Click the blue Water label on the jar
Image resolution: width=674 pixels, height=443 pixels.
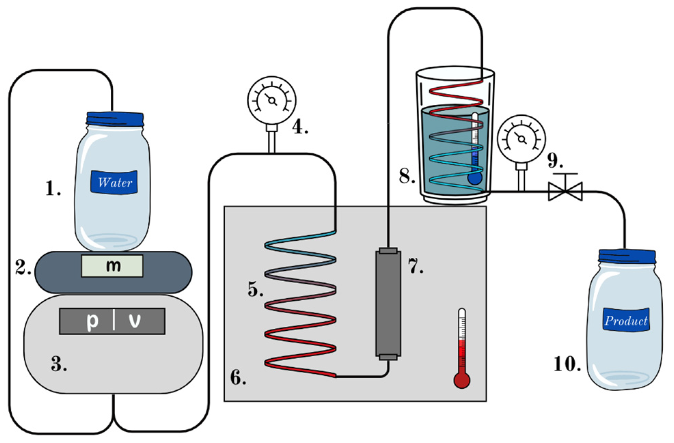pyautogui.click(x=114, y=182)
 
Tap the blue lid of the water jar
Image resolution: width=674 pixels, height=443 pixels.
pyautogui.click(x=115, y=119)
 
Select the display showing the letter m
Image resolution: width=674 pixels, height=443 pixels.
pyautogui.click(x=112, y=266)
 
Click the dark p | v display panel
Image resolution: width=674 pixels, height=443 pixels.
pyautogui.click(x=112, y=321)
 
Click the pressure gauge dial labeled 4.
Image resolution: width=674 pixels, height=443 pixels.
pyautogui.click(x=272, y=100)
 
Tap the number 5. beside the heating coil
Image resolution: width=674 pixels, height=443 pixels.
pyautogui.click(x=255, y=290)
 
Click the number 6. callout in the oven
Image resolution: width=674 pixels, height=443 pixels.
pyautogui.click(x=238, y=378)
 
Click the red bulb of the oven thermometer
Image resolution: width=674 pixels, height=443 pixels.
pyautogui.click(x=462, y=381)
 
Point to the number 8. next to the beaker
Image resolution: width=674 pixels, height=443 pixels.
pyautogui.click(x=407, y=176)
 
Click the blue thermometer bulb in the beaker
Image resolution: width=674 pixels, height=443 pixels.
pyautogui.click(x=474, y=178)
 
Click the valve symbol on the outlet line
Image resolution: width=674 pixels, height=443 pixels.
pyautogui.click(x=565, y=191)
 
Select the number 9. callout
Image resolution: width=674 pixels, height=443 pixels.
pyautogui.click(x=555, y=160)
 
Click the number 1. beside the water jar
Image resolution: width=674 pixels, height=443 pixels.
pyautogui.click(x=53, y=188)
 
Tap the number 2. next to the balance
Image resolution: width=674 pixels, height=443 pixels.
pyautogui.click(x=23, y=268)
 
